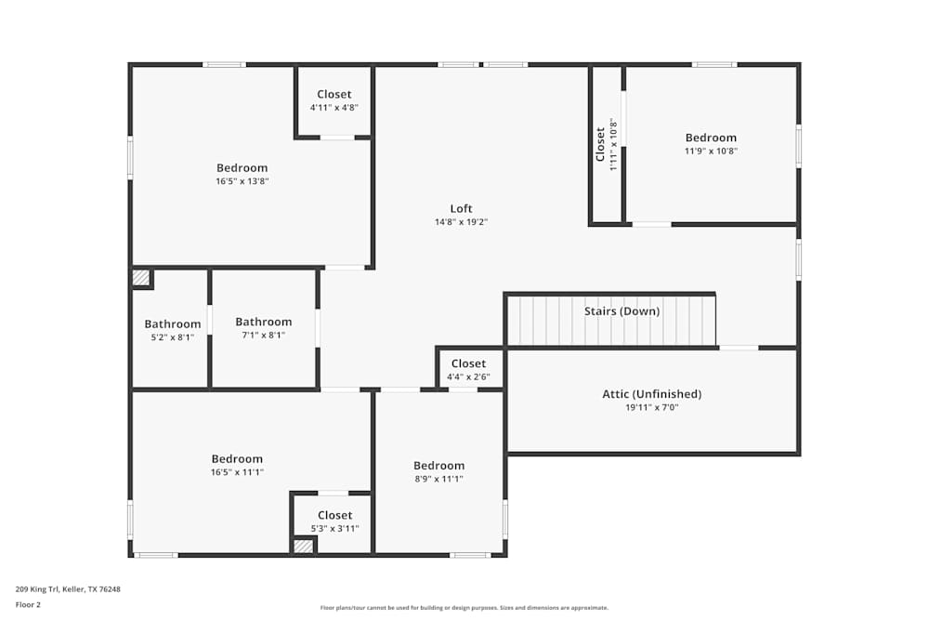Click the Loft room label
pyautogui.click(x=462, y=208)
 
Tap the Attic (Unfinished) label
pyautogui.click(x=651, y=394)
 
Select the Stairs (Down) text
pyautogui.click(x=622, y=311)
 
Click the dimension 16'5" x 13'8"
pyautogui.click(x=242, y=181)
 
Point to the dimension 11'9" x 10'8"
pyautogui.click(x=711, y=151)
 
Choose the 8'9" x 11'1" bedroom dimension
pyautogui.click(x=438, y=479)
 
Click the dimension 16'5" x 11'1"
pyautogui.click(x=237, y=472)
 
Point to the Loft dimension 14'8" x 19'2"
pyautogui.click(x=462, y=222)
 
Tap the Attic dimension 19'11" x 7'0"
pyautogui.click(x=651, y=407)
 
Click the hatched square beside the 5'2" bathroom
pyautogui.click(x=140, y=277)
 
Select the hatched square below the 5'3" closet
pyautogui.click(x=303, y=546)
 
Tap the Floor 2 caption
pyautogui.click(x=28, y=604)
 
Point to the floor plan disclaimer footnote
pyautogui.click(x=464, y=607)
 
